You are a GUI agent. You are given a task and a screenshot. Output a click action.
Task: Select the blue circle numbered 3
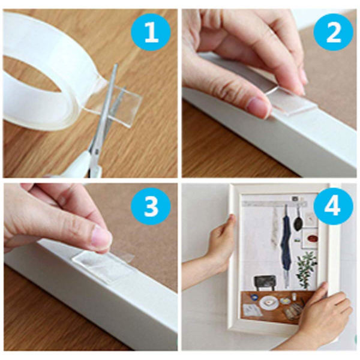click(151, 206)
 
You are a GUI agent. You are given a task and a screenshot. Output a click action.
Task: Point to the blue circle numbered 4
click(334, 206)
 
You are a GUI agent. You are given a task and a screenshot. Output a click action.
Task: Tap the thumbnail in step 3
click(101, 239)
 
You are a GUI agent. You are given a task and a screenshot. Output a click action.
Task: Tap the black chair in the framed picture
click(263, 283)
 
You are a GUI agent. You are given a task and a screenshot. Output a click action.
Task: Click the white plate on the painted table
click(269, 302)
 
